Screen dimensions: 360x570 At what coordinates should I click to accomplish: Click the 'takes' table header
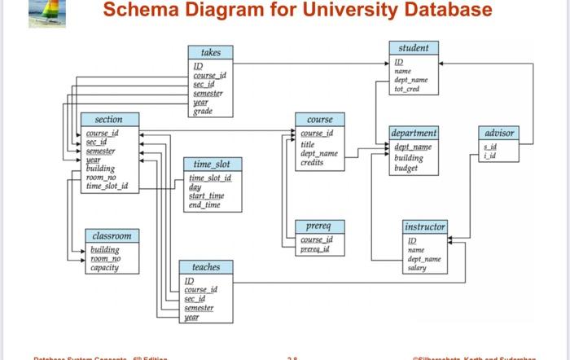[x=210, y=51]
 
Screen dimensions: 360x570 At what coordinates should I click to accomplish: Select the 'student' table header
[x=414, y=48]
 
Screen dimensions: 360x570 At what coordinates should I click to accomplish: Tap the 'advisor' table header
[x=499, y=132]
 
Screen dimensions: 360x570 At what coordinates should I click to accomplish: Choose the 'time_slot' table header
[x=212, y=164]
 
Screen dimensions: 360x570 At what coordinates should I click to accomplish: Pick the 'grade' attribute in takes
[x=204, y=111]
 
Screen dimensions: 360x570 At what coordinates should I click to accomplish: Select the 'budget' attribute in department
[x=406, y=169]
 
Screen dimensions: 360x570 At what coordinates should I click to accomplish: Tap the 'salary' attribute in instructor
[x=416, y=267]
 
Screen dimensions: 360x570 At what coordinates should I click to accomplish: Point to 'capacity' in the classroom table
[x=104, y=267]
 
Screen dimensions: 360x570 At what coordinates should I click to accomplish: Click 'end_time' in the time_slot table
[x=205, y=204]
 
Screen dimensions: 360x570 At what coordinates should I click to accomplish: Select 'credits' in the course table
[x=312, y=162]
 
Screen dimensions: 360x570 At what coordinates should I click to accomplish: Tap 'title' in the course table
[x=307, y=143]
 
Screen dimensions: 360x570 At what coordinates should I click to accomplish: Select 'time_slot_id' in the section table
[x=106, y=187]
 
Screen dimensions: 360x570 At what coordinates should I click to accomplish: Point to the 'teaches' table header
[x=205, y=267]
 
